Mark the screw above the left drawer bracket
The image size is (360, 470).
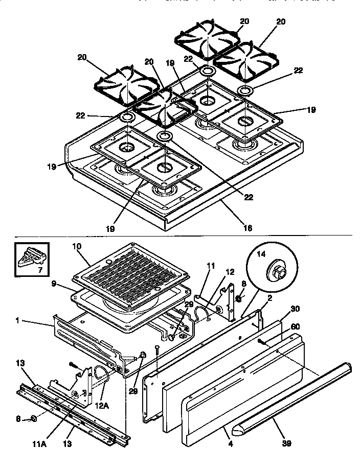coord(73,364)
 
